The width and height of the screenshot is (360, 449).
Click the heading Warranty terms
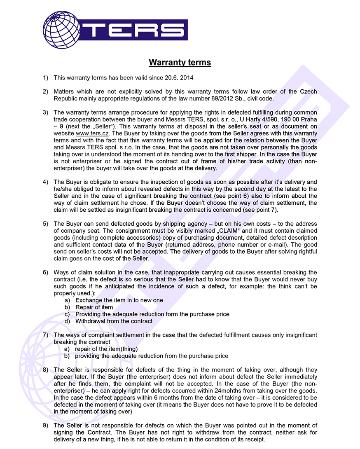pos(180,63)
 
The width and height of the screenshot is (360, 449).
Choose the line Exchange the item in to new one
pos(119,300)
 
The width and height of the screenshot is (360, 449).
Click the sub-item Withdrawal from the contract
pos(114,321)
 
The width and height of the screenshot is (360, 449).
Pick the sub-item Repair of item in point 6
pos(94,307)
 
